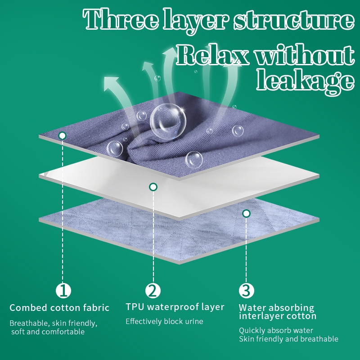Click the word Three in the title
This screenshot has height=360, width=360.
click(x=121, y=19)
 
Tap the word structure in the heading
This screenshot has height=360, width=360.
click(x=294, y=20)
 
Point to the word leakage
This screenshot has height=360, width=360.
click(x=306, y=82)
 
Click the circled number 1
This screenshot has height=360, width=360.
click(x=63, y=290)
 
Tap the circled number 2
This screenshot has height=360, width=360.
click(x=153, y=290)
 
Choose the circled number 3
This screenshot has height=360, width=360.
click(x=246, y=290)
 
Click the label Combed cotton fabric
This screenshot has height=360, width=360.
click(x=59, y=308)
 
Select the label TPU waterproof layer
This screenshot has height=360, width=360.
click(x=175, y=307)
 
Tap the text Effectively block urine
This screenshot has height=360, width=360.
click(x=164, y=321)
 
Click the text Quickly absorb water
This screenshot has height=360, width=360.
click(x=276, y=330)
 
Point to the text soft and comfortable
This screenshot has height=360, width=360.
click(x=48, y=332)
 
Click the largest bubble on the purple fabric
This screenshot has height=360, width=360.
click(x=168, y=121)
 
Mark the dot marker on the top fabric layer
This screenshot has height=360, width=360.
click(x=62, y=136)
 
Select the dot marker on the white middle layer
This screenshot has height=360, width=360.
click(x=153, y=187)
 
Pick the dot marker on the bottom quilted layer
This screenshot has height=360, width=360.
click(x=246, y=213)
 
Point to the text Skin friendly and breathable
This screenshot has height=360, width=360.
click(x=288, y=339)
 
